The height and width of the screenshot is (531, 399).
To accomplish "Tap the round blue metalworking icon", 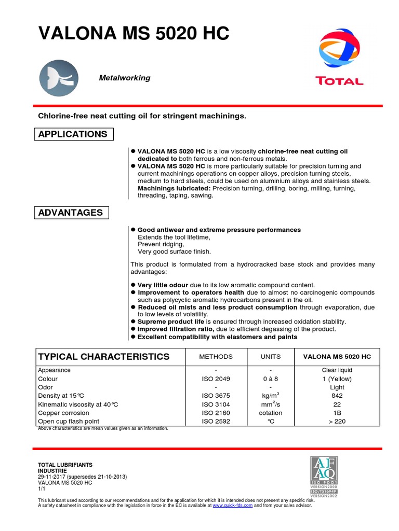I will pos(59,78).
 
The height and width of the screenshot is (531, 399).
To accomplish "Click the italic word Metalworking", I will pos(125,78).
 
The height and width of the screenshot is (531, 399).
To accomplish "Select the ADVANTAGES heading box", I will pos(71,213).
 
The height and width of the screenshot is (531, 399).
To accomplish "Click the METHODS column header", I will pos(216,357).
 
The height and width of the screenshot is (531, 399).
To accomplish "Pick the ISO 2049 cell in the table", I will pos(216,379).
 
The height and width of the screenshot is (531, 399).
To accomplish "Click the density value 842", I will pos(337,396).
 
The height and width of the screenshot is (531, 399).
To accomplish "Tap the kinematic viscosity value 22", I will pos(337,404).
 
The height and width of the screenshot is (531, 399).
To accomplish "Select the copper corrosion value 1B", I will pos(337,413).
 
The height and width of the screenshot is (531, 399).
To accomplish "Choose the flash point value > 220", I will pos(337,422).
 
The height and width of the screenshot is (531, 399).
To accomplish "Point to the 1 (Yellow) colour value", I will pos(337,379).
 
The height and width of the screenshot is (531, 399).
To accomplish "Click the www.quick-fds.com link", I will pos(232,505).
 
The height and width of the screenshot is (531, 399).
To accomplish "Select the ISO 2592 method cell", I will pos(216,422).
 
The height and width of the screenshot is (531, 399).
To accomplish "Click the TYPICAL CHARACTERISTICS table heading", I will pos(104,357).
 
